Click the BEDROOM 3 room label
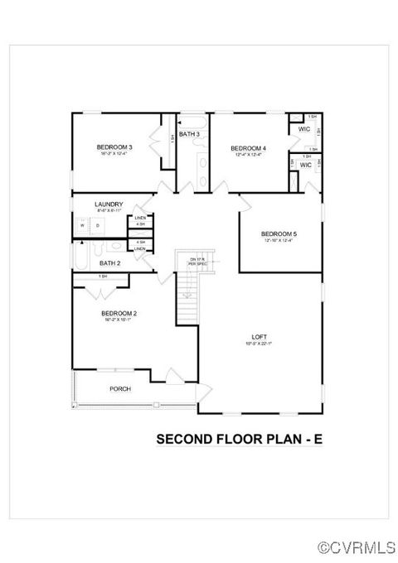coord(115,147)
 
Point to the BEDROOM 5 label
coord(279,234)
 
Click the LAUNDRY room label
coord(109,205)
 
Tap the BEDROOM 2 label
coord(119,313)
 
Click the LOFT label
coord(260,337)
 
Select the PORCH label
coord(121,388)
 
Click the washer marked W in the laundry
coord(83,224)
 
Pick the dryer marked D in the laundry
coord(98,224)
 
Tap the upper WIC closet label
coord(304,129)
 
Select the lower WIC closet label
coord(304,165)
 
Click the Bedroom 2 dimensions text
coord(119,320)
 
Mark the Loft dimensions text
coord(260,344)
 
